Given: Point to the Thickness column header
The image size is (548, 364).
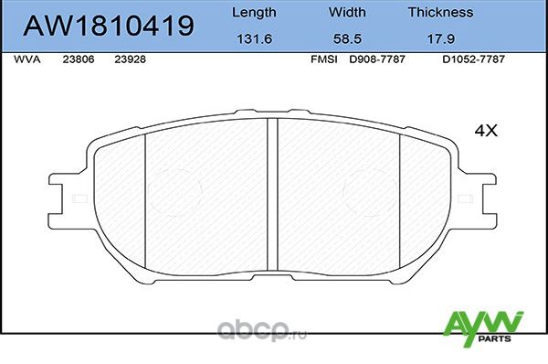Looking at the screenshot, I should [x=440, y=13].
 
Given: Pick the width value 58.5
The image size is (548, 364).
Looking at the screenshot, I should [x=345, y=38].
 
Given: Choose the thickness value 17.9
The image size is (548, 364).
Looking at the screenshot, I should [x=440, y=38].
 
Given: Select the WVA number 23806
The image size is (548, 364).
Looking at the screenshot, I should [x=77, y=58].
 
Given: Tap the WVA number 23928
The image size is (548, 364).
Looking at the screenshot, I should [x=129, y=58].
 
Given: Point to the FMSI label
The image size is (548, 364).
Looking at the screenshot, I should [x=324, y=58].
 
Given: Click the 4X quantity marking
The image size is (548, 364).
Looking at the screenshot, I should [x=485, y=131].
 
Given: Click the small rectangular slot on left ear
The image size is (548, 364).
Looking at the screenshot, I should [x=79, y=198].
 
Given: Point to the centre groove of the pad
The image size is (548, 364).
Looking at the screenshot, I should [x=271, y=197].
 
